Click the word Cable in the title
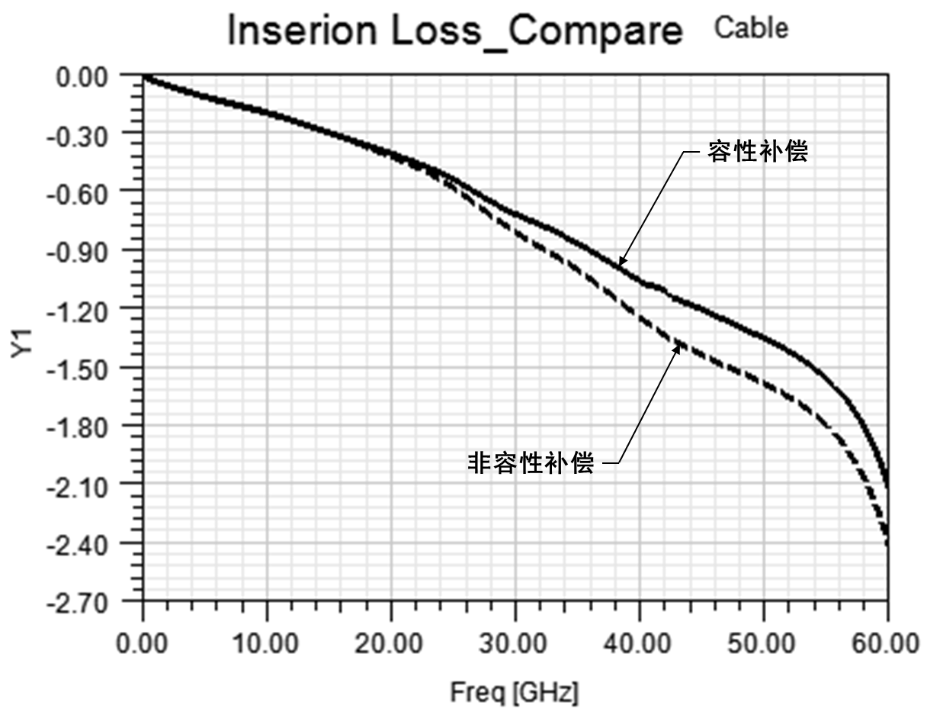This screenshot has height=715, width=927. click(751, 28)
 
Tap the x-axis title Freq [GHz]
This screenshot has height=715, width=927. click(515, 693)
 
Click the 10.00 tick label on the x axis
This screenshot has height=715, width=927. click(267, 643)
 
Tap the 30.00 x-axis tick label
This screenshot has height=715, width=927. click(515, 643)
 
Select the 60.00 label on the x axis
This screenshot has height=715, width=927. click(887, 643)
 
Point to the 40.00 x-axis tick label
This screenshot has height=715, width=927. click(640, 643)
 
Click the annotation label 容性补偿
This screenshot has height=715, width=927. click(759, 151)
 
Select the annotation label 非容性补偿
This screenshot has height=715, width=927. click(530, 462)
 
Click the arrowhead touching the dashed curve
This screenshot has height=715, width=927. click(676, 347)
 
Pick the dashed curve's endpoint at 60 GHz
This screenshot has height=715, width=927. click(887, 543)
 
